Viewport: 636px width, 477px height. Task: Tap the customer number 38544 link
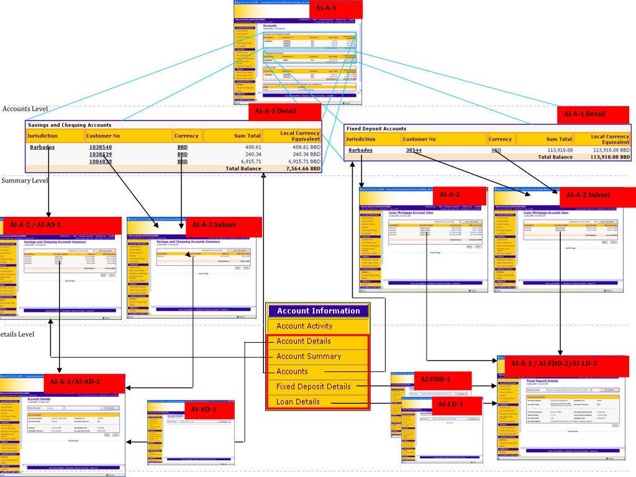pos(414,150)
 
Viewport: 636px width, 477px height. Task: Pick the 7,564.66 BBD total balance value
pos(303,168)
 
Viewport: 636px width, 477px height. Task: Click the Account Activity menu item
pos(304,326)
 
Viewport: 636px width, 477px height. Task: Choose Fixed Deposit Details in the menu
pos(314,386)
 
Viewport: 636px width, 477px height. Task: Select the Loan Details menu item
pos(298,402)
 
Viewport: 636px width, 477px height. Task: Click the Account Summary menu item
pos(309,357)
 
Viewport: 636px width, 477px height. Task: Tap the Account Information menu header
pos(318,311)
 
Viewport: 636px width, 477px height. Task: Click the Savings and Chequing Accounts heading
pos(70,125)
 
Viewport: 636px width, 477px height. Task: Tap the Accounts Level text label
pos(25,109)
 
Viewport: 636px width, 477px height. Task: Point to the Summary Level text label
pos(25,181)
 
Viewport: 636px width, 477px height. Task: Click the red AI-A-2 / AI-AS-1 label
pos(36,224)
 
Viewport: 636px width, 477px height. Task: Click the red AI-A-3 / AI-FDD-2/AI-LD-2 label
pos(553,363)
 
